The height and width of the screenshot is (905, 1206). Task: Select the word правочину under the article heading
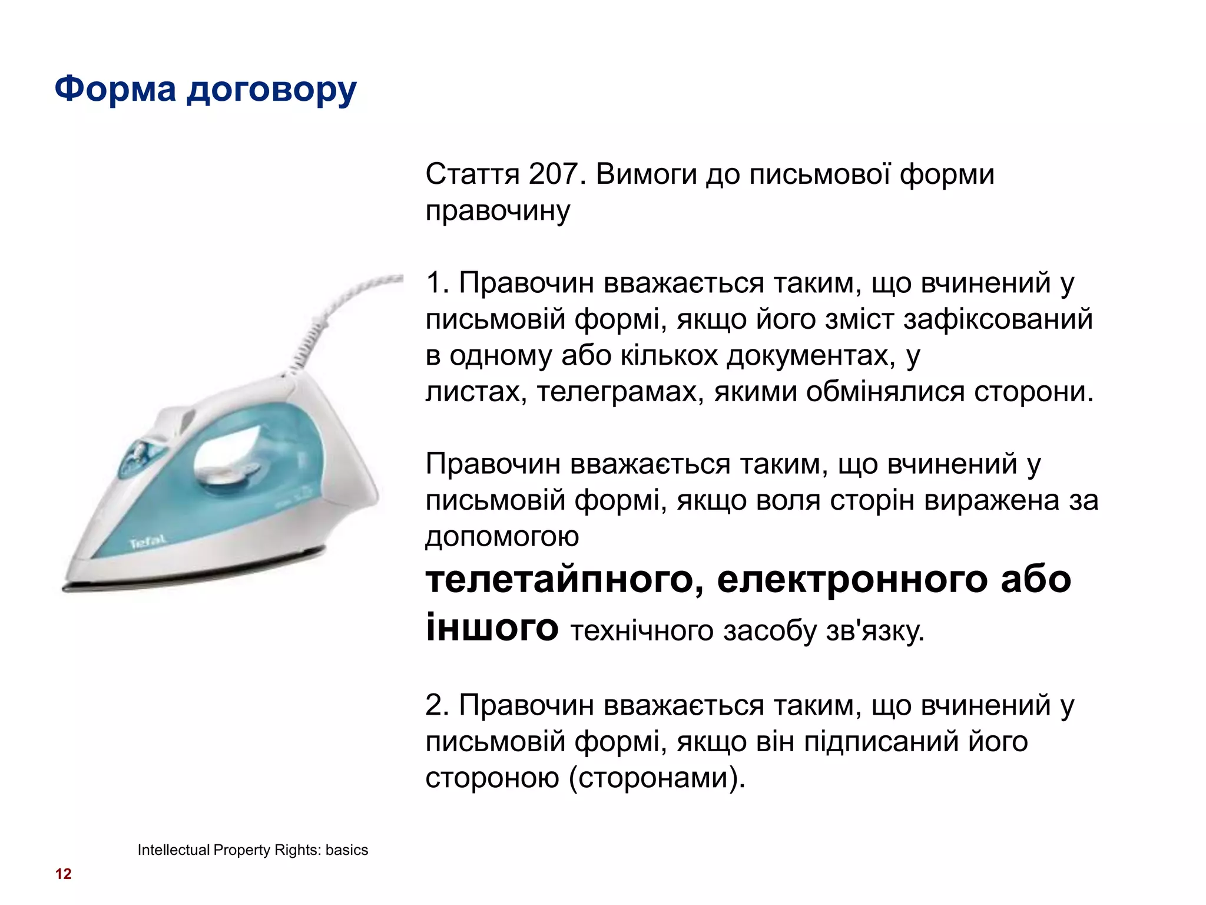pyautogui.click(x=498, y=211)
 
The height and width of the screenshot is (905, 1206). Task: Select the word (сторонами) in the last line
pyautogui.click(x=657, y=778)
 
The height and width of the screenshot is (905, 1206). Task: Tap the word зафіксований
pyautogui.click(x=998, y=319)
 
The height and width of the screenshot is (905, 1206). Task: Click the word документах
pyautogui.click(x=810, y=356)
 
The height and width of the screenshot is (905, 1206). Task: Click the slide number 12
pyautogui.click(x=63, y=874)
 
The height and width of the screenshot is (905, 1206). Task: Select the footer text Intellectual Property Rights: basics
pyautogui.click(x=253, y=850)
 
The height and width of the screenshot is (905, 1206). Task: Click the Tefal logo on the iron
pyautogui.click(x=147, y=541)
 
